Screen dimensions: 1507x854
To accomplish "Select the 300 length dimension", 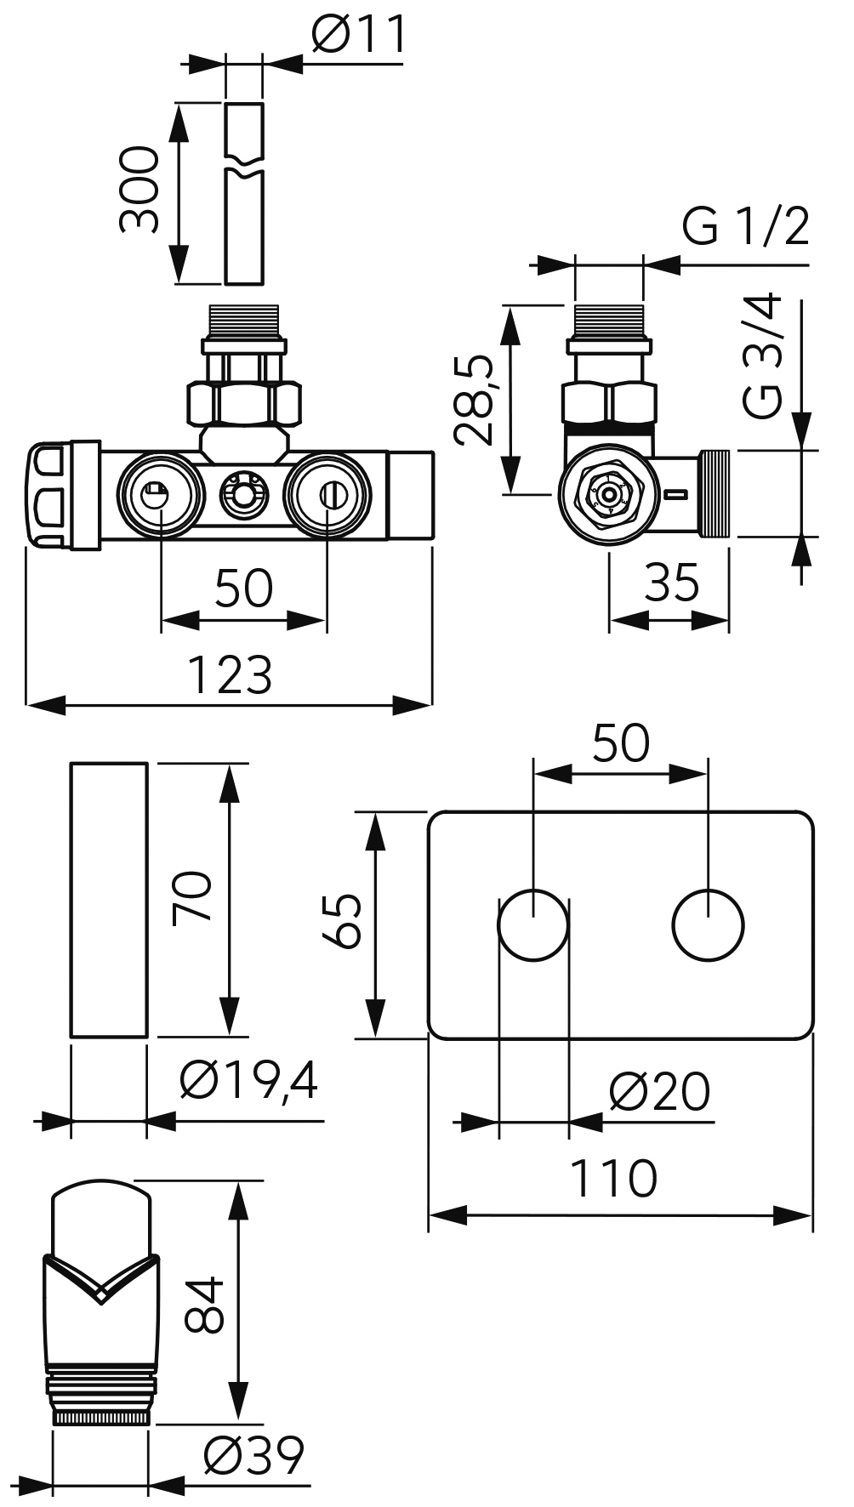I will coord(139,189).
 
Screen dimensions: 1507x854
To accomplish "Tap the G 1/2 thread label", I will coord(745,226).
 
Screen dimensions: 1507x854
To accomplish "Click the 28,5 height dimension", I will coord(473,400).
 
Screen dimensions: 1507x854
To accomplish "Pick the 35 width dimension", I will coord(671,583).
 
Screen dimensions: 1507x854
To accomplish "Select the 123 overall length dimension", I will coord(229,674).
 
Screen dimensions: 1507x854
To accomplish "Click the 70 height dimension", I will coord(191,898).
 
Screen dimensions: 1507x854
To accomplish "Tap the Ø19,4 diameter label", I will coord(248,1082).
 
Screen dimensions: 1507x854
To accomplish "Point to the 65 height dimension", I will coord(343,921).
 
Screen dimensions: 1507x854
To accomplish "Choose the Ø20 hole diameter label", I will coord(659,1092).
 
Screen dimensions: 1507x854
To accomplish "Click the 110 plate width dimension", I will coord(613,1178).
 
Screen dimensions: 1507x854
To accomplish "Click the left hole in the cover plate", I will coord(533,925).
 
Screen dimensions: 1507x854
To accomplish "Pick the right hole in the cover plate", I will coord(708,925).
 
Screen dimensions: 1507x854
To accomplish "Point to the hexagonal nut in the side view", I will coord(609,401).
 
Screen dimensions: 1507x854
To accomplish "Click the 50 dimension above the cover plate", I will coord(620,743).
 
